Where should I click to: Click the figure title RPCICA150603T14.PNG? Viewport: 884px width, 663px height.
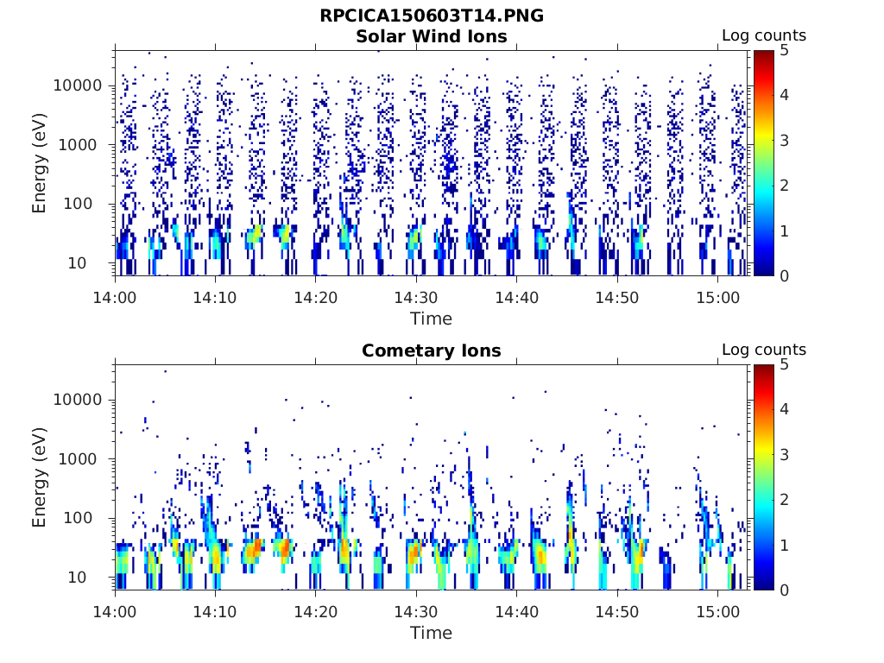pyautogui.click(x=431, y=16)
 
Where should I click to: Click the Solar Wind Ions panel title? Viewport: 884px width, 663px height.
pyautogui.click(x=431, y=36)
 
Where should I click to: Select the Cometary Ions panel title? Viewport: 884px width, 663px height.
pyautogui.click(x=431, y=350)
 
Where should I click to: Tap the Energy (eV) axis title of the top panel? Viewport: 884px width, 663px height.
pyautogui.click(x=40, y=162)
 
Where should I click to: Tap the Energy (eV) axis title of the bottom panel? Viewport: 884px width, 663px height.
pyautogui.click(x=40, y=477)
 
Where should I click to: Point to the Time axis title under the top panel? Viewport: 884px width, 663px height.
pyautogui.click(x=431, y=319)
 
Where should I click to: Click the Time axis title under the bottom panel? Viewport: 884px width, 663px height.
pyautogui.click(x=431, y=633)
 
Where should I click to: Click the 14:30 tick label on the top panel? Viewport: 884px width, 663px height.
pyautogui.click(x=416, y=295)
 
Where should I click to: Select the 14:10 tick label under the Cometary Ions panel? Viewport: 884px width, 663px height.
pyautogui.click(x=216, y=609)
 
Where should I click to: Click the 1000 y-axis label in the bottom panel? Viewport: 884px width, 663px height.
pyautogui.click(x=83, y=459)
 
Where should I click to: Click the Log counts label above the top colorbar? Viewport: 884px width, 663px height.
pyautogui.click(x=763, y=36)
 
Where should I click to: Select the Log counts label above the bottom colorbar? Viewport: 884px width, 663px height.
pyautogui.click(x=763, y=350)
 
